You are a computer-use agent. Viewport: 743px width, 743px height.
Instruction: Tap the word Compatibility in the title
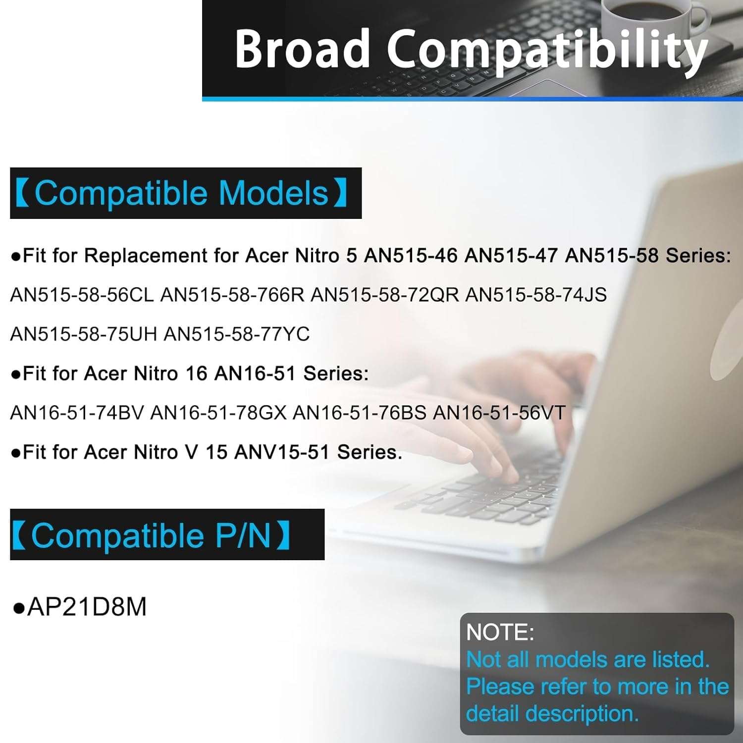(x=547, y=52)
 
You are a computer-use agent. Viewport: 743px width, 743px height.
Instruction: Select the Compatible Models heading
(x=181, y=193)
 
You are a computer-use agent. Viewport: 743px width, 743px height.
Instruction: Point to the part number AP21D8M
(x=87, y=607)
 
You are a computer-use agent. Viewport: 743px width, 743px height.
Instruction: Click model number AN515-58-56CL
(x=82, y=295)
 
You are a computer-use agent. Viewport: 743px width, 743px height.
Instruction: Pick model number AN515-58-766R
(x=233, y=295)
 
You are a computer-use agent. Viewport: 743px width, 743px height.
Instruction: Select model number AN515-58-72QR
(x=385, y=295)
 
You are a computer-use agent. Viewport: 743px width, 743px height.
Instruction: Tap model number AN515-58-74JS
(x=536, y=295)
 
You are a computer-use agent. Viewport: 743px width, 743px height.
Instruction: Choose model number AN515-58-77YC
(x=237, y=334)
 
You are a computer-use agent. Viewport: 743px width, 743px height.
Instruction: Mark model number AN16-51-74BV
(x=77, y=413)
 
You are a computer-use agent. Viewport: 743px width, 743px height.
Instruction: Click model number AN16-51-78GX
(x=218, y=413)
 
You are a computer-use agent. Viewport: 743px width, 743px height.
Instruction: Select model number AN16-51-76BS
(x=360, y=413)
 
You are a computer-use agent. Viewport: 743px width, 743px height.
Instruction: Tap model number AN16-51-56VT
(x=499, y=413)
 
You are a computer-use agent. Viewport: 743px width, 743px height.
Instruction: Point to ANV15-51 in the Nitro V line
(x=282, y=452)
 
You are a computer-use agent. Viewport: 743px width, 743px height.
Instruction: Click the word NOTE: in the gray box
(x=500, y=633)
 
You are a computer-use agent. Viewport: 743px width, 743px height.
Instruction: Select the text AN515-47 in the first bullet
(x=511, y=256)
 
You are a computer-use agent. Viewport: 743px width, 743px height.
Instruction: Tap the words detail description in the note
(x=552, y=714)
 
